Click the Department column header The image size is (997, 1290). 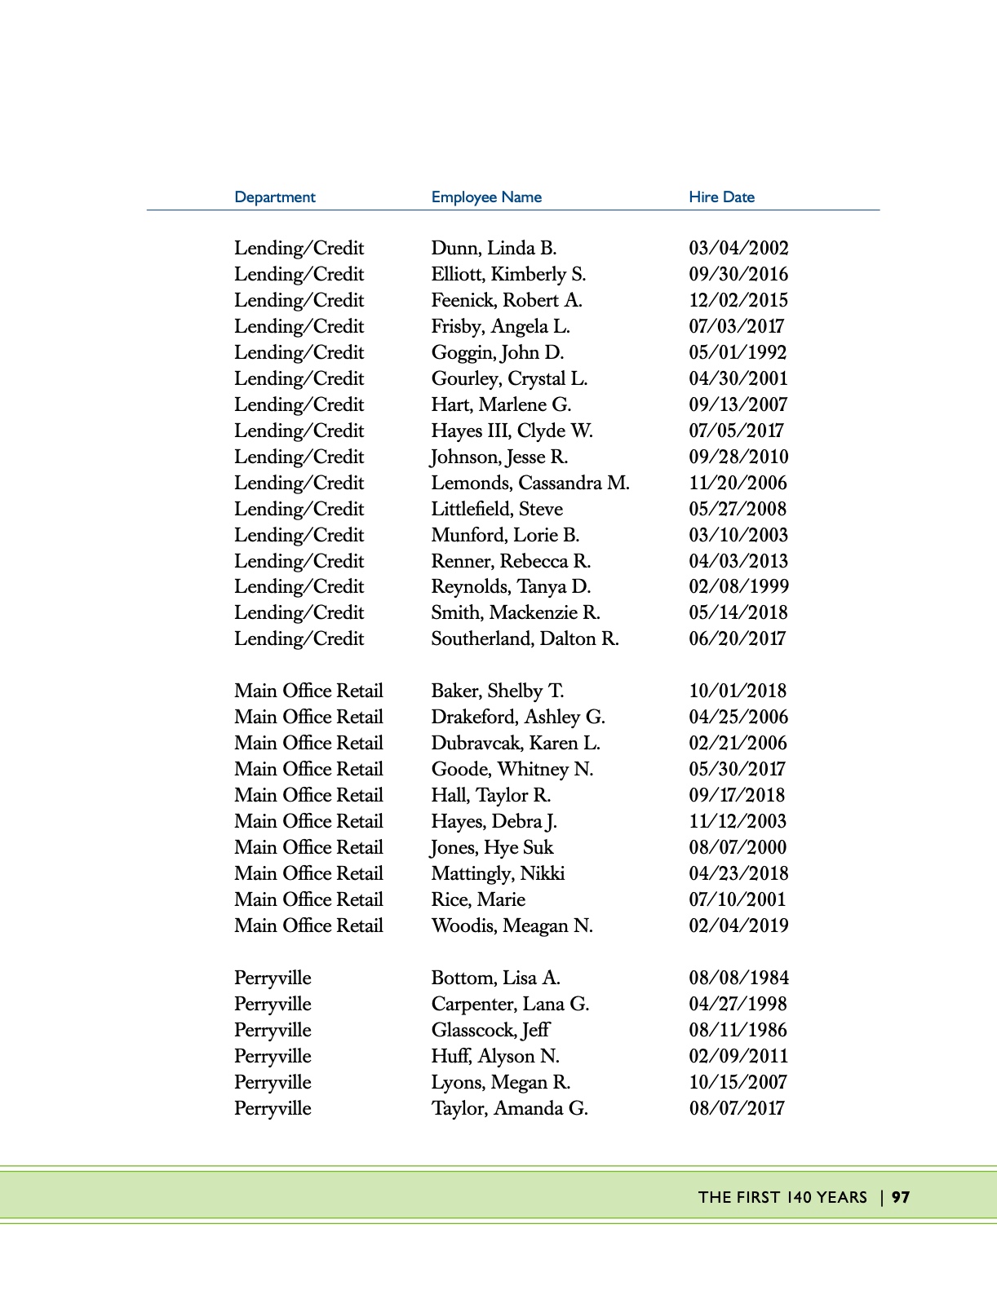[x=274, y=197]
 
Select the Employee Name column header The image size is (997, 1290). [x=486, y=197]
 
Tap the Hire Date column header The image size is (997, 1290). [x=721, y=197]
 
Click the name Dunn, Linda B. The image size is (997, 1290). [x=494, y=248]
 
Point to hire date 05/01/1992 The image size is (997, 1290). [x=738, y=352]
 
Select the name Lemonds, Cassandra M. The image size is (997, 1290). [x=530, y=483]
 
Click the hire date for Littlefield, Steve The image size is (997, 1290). [x=738, y=509]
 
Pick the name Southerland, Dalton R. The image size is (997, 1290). [x=525, y=638]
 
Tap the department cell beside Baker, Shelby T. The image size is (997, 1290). [x=308, y=691]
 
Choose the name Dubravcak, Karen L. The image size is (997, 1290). [x=516, y=743]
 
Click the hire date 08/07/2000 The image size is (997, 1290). [x=738, y=847]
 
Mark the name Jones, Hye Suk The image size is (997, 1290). [x=492, y=847]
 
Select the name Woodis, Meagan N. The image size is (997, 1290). [x=512, y=926]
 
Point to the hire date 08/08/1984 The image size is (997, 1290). [x=738, y=978]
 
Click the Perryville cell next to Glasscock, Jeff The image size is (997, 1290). [x=273, y=1030]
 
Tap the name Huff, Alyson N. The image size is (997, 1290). [x=495, y=1056]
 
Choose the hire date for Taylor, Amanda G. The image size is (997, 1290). [x=737, y=1108]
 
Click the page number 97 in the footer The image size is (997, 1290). [x=901, y=1197]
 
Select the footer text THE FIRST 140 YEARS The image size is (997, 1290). [x=782, y=1197]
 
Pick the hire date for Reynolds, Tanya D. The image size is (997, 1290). [x=738, y=586]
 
